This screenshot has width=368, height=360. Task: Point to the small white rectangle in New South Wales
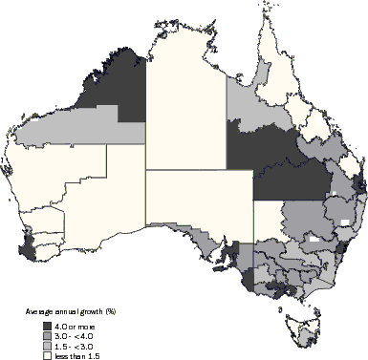coord(341,222)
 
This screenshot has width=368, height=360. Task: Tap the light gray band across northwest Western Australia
coord(86,124)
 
